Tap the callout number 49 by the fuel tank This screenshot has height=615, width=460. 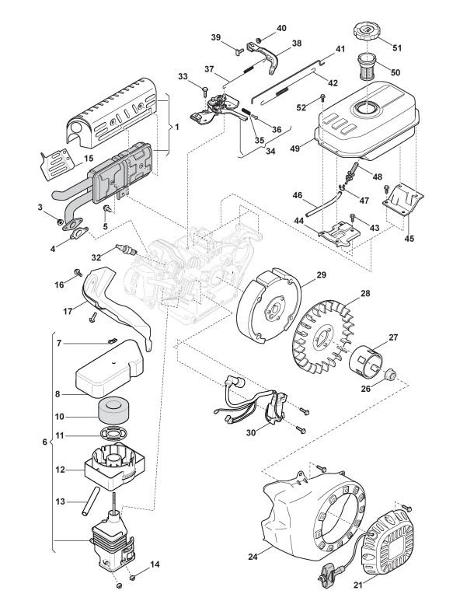(295, 148)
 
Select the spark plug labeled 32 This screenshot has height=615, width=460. (126, 250)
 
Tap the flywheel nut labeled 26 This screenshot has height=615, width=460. (390, 375)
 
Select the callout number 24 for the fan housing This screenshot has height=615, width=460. (253, 556)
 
